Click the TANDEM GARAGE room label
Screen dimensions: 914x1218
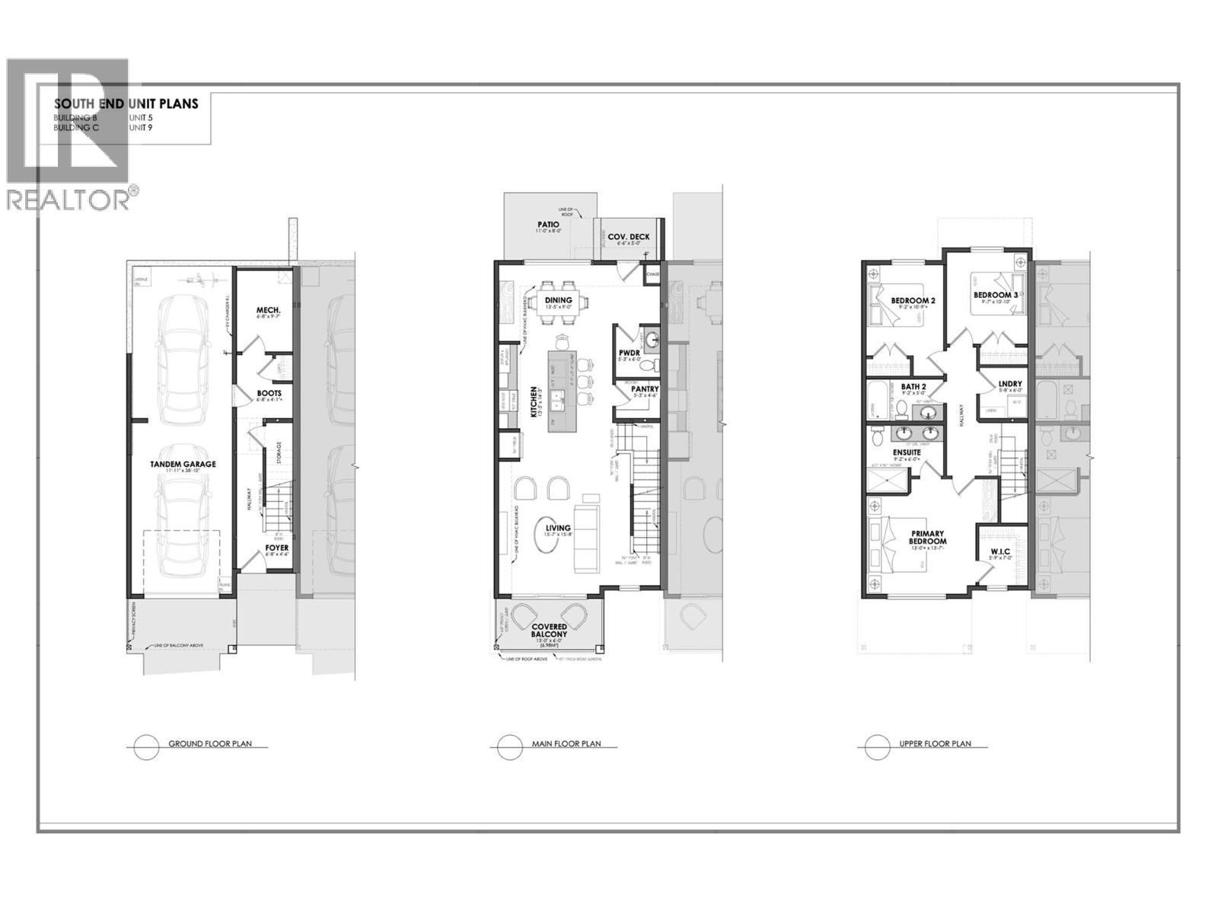(182, 464)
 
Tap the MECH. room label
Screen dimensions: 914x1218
(268, 310)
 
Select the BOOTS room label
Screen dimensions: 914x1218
(269, 394)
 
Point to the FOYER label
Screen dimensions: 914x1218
(276, 548)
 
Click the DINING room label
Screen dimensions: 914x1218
(558, 300)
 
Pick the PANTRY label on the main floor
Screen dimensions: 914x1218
(645, 389)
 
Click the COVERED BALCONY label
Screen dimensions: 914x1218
(549, 631)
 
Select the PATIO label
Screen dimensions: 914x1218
(548, 225)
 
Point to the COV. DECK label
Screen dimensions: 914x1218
(629, 237)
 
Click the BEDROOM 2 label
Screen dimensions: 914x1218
(913, 301)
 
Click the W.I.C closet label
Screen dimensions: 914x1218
(1000, 551)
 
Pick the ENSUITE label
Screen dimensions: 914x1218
(906, 452)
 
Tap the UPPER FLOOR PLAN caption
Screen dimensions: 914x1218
(934, 743)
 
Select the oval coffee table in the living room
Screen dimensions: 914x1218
(558, 528)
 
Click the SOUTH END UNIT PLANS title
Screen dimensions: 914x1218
(126, 104)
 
